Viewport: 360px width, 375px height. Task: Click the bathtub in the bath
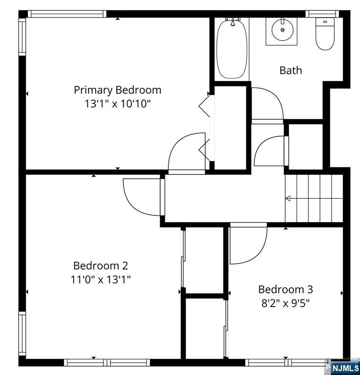[233, 49]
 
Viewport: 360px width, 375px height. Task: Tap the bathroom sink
[281, 31]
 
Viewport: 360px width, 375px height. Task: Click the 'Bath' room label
[291, 70]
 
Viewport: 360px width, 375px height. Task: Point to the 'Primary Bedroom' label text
[117, 90]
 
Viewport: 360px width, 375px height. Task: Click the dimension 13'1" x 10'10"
[117, 104]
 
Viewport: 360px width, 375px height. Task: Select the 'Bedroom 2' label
[101, 266]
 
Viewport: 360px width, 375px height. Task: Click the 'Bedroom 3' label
[285, 289]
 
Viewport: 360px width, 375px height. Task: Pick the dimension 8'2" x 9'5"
[285, 302]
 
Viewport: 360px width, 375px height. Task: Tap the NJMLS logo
[345, 367]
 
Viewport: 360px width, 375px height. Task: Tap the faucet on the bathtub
[233, 22]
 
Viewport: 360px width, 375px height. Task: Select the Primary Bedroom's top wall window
[67, 14]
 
